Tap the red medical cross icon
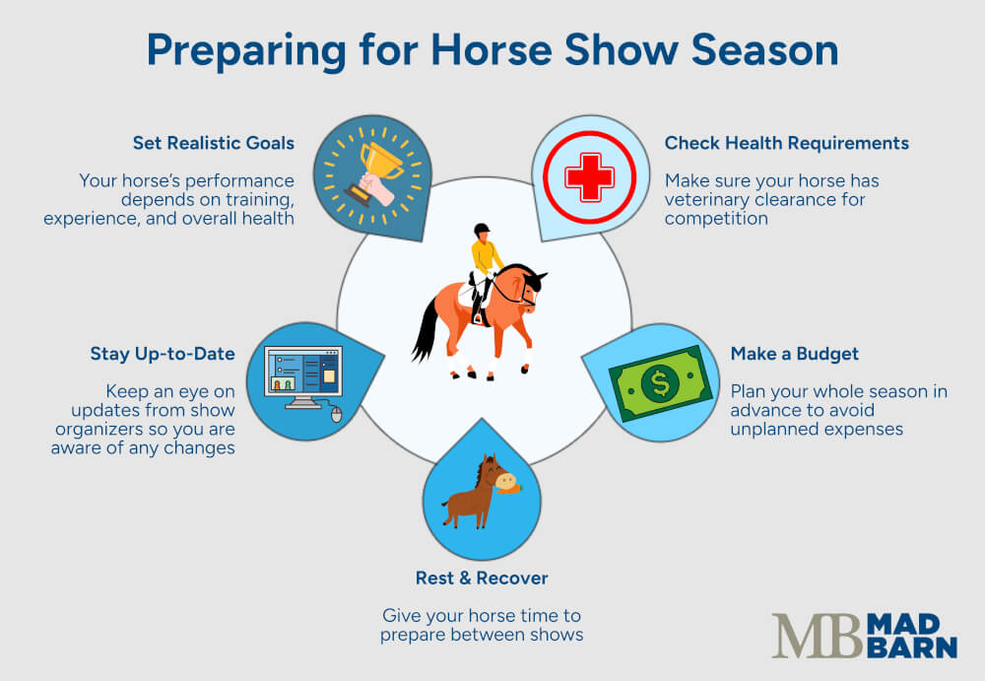coord(589,177)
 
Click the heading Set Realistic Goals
coord(214,143)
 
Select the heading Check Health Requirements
coord(786,143)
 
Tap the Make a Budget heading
coord(794,354)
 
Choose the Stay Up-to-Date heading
coord(163,354)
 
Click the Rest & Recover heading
coord(482,578)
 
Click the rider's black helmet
coord(481,230)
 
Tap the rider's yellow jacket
coord(486,257)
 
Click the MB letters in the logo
coord(817,636)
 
